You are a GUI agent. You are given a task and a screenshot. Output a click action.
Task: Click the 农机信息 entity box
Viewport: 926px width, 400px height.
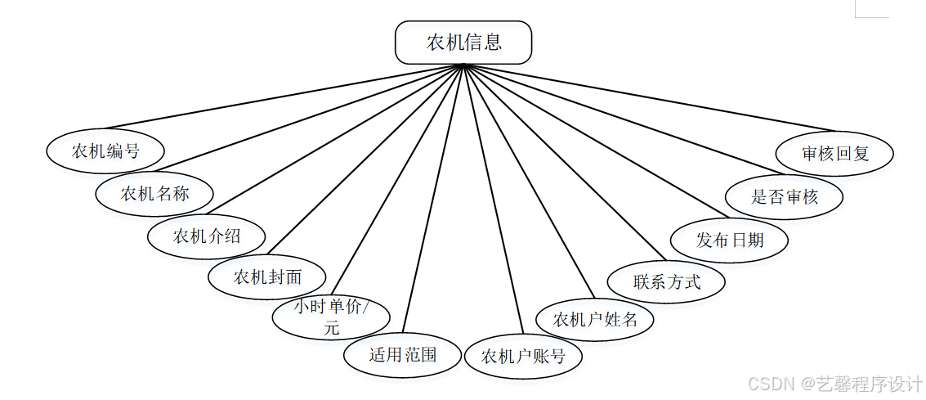pos(463,43)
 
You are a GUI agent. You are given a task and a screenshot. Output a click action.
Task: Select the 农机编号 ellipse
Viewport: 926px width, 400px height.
pos(105,151)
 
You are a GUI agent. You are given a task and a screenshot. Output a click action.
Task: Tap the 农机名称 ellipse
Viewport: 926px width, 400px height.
pos(154,194)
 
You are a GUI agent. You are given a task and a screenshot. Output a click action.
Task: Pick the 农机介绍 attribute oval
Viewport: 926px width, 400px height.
pos(206,236)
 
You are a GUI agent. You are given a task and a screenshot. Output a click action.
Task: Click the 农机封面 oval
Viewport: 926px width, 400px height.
pos(267,277)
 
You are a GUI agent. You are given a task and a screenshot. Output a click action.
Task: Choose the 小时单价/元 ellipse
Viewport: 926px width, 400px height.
pos(331,318)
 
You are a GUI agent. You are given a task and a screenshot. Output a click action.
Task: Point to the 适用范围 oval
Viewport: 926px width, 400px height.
pos(403,354)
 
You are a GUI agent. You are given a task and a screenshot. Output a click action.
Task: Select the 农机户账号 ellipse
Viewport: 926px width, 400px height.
pos(523,357)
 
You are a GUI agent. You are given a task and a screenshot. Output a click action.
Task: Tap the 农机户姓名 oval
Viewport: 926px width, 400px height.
pos(595,319)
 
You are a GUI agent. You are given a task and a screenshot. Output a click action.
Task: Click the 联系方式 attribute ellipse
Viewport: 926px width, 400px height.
pos(666,282)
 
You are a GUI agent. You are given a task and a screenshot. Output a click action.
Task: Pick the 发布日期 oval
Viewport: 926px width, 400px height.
pos(729,240)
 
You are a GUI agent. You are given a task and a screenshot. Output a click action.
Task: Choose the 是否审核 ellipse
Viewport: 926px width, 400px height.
pos(784,196)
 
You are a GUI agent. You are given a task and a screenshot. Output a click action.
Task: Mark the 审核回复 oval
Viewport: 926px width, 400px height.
pos(834,153)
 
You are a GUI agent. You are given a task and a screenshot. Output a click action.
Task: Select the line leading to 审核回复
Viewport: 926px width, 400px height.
pos(654,98)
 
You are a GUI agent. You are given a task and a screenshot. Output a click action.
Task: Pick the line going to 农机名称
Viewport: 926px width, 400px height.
pos(311,120)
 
